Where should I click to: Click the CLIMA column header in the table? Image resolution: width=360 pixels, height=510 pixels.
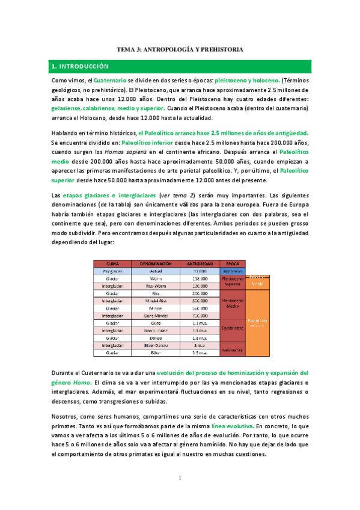point(112,264)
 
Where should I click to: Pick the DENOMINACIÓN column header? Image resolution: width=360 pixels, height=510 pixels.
point(156,264)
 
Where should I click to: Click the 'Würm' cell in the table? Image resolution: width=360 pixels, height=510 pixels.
point(156,278)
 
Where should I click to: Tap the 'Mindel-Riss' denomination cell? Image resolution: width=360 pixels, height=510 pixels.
point(156,301)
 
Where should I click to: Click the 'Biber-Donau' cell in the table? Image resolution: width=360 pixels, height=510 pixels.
point(156,345)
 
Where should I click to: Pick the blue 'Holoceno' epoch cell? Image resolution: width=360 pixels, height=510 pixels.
point(233,271)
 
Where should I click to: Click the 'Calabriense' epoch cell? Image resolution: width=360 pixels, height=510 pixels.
point(233,328)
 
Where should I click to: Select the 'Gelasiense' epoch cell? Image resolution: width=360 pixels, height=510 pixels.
point(233,349)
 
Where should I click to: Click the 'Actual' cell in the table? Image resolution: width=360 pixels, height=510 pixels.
point(156,271)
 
